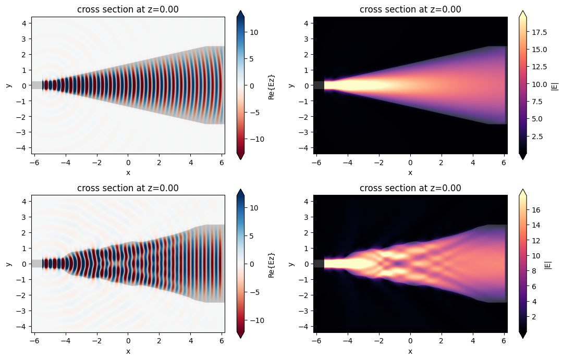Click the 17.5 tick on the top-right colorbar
[542, 32]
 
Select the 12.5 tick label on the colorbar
[542, 67]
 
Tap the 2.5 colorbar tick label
[540, 136]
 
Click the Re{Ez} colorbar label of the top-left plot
[271, 85]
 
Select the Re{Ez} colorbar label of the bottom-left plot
[271, 264]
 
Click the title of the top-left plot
[128, 9]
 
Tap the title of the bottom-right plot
[410, 188]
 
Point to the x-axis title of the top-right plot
[410, 172]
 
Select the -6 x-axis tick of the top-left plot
[34, 162]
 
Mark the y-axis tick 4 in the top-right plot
[307, 23]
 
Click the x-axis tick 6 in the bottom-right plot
[504, 340]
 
